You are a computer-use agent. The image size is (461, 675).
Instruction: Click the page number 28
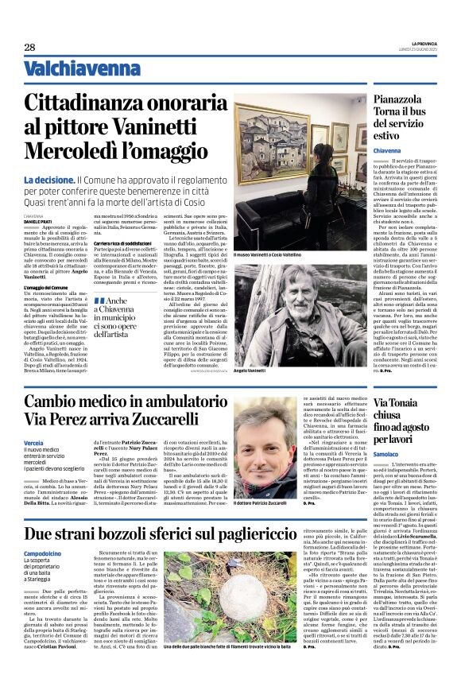click(x=29, y=47)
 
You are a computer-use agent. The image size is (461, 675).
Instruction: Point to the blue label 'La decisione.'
click(x=49, y=180)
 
